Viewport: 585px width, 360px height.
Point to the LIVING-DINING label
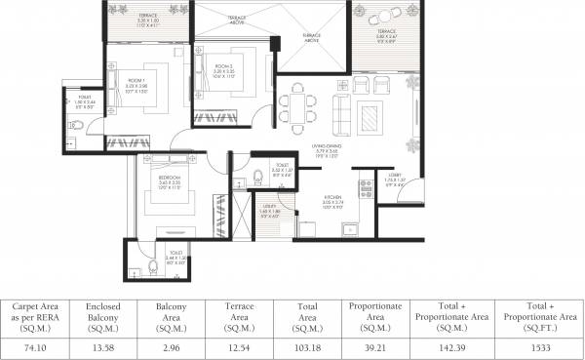click(x=331, y=149)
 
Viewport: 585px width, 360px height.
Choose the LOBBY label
click(x=393, y=178)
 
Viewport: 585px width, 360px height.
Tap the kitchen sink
click(x=348, y=228)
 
